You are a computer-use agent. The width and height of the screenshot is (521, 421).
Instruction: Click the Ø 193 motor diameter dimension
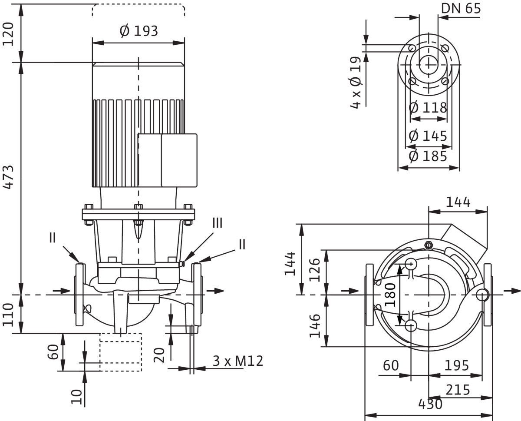tap(139, 31)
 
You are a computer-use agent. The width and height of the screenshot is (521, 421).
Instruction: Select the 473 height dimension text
tap(9, 177)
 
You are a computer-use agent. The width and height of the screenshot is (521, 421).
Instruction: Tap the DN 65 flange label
tap(461, 9)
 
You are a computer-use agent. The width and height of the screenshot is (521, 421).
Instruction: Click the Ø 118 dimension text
tap(428, 107)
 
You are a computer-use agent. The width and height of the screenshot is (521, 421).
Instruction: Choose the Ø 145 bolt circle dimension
tap(428, 136)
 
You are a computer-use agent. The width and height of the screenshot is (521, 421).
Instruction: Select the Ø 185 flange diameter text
tap(428, 156)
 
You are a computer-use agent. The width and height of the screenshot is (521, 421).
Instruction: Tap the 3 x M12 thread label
tap(238, 361)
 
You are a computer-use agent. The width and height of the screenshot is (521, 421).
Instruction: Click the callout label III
tap(218, 223)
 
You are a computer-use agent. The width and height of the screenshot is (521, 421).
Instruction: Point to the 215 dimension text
tap(458, 390)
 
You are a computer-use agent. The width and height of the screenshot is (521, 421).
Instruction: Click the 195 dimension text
tap(457, 365)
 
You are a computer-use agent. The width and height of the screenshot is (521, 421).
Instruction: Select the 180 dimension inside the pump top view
tap(390, 295)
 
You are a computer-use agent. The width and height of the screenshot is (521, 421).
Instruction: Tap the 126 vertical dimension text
tap(315, 270)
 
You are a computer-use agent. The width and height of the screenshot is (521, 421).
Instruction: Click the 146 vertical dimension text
tap(315, 326)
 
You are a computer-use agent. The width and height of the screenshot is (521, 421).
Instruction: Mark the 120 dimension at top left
tap(8, 34)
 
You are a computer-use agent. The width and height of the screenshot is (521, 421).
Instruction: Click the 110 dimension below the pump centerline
tap(8, 315)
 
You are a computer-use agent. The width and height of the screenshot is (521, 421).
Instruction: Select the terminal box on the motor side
tap(168, 160)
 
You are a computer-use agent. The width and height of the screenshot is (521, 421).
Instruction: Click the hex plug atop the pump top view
tap(428, 245)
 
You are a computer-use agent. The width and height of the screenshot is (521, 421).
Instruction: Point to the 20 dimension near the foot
tap(159, 355)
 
